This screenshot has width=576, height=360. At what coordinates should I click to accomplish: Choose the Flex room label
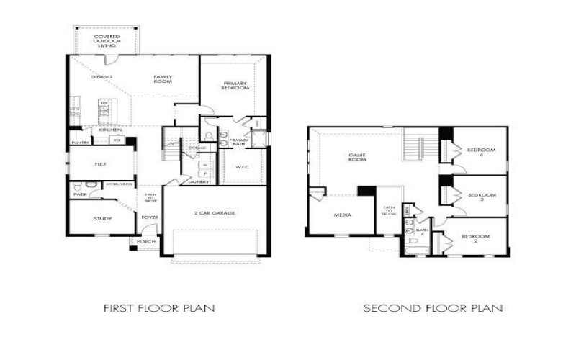tap(101, 164)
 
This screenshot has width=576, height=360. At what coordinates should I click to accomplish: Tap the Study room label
tap(102, 217)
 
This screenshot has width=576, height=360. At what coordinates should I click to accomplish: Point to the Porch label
tap(146, 242)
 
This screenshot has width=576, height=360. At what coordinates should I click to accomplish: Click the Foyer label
tap(150, 216)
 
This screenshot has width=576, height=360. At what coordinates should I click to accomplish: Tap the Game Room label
tap(357, 157)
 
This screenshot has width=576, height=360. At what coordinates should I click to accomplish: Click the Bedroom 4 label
tap(481, 153)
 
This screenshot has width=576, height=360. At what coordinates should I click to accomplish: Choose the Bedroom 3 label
tap(481, 197)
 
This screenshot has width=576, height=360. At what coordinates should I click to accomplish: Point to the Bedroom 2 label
tap(475, 239)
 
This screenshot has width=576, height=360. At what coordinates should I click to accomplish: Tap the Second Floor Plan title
tap(433, 308)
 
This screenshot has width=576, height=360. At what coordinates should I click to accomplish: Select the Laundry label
tap(199, 182)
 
